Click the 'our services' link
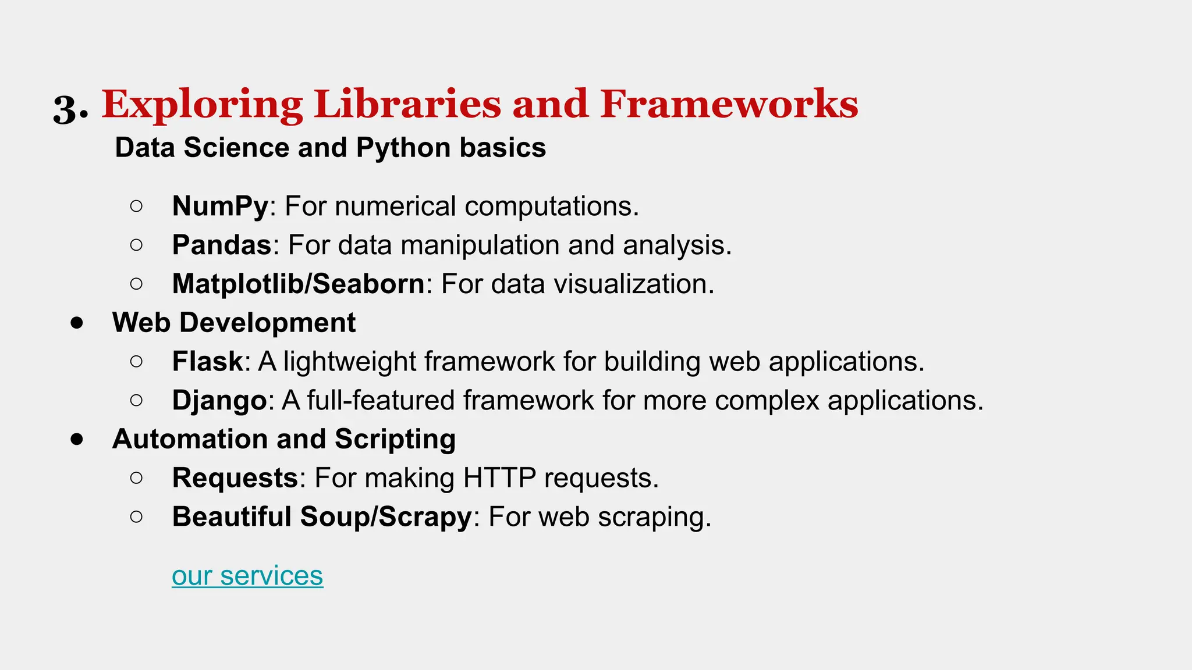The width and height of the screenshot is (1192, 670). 247,576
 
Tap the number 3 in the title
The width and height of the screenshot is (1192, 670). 67,108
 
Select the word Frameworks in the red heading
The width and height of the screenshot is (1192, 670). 729,104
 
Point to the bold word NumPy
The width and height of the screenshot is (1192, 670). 220,206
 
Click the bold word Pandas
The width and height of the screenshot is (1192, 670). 221,245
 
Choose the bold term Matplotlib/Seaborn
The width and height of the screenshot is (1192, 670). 299,284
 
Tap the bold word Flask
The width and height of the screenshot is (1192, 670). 207,361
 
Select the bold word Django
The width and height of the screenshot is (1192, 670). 219,401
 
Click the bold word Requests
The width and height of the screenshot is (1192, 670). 235,478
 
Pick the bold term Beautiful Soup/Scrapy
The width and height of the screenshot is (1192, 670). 321,516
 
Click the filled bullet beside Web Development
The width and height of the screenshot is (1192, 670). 77,323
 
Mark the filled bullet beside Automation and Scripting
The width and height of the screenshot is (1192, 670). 77,439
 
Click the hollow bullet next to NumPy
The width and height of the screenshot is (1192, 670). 136,206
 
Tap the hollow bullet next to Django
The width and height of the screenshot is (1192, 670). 136,400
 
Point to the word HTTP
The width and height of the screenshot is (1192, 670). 499,478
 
